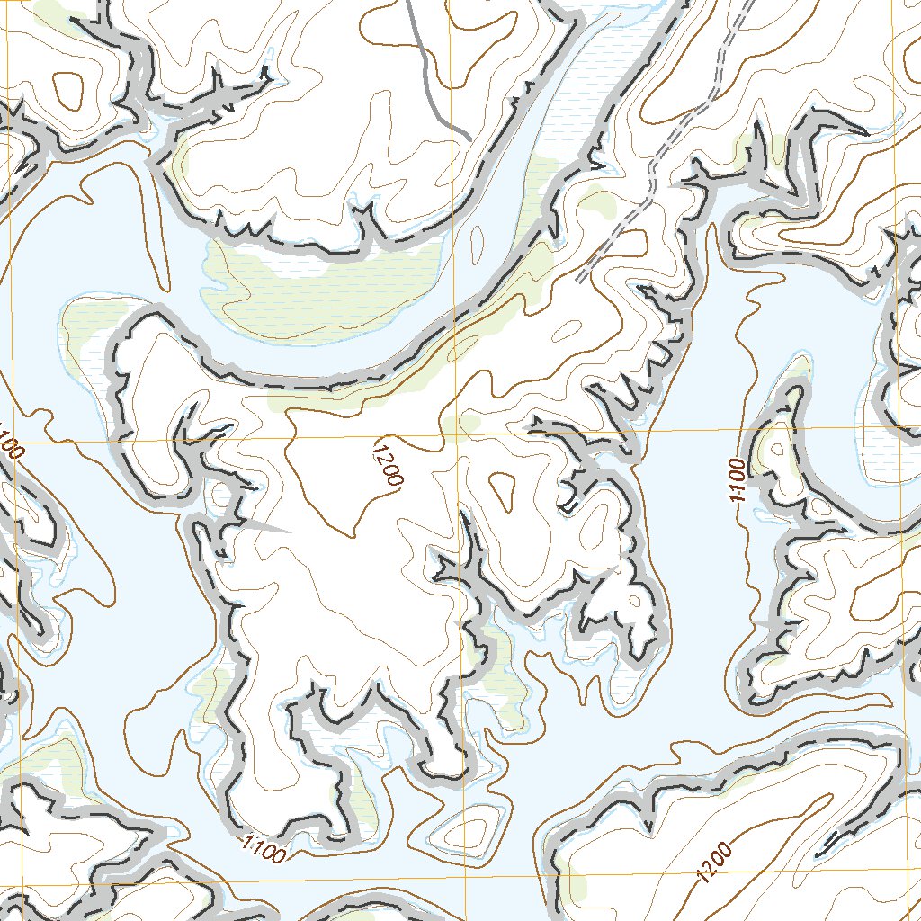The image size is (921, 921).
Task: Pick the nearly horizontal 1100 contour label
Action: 264,846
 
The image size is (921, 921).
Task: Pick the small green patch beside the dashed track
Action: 595,201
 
